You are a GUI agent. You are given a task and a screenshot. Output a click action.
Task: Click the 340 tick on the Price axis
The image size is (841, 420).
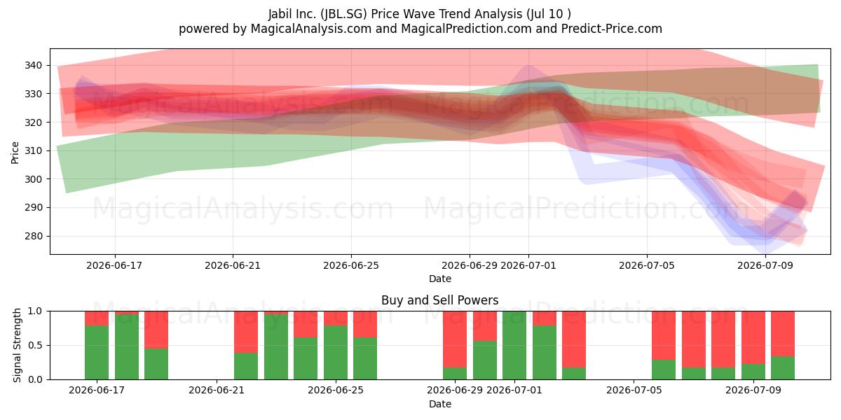click(x=34, y=65)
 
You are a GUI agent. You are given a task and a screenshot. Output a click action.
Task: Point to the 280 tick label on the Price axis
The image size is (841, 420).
click(x=34, y=237)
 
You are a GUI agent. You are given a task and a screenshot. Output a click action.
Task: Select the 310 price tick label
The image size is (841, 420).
click(x=34, y=150)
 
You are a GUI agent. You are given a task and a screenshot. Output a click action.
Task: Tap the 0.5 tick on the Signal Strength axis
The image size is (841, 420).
click(x=35, y=345)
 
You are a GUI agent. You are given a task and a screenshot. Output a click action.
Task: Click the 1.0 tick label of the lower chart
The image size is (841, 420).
click(x=35, y=311)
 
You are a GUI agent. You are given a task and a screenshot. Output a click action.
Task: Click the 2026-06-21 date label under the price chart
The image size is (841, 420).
click(x=233, y=265)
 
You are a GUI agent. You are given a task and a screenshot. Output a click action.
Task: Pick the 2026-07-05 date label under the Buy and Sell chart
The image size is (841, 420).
click(x=634, y=390)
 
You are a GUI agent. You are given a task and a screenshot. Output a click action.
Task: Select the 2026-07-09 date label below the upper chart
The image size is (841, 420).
click(x=765, y=265)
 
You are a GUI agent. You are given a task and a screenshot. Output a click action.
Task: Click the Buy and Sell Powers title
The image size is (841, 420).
click(x=440, y=300)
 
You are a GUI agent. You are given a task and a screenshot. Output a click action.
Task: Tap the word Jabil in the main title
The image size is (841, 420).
click(x=280, y=14)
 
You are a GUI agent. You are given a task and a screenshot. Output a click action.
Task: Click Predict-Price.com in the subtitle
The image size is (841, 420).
click(x=612, y=29)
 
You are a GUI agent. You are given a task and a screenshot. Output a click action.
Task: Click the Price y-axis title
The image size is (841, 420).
click(x=15, y=153)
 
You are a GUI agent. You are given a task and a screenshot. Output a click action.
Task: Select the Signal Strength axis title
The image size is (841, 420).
click(x=17, y=345)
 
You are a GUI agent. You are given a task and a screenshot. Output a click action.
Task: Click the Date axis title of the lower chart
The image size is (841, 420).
click(x=440, y=404)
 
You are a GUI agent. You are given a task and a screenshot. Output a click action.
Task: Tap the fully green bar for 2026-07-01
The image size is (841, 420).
click(x=514, y=345)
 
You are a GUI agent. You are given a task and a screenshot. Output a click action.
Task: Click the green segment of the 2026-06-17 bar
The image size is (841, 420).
click(x=97, y=353)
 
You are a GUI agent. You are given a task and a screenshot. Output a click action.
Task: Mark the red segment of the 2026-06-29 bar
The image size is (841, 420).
click(x=455, y=339)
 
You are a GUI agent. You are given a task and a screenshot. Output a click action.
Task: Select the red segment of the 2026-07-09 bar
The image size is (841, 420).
click(x=753, y=337)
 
